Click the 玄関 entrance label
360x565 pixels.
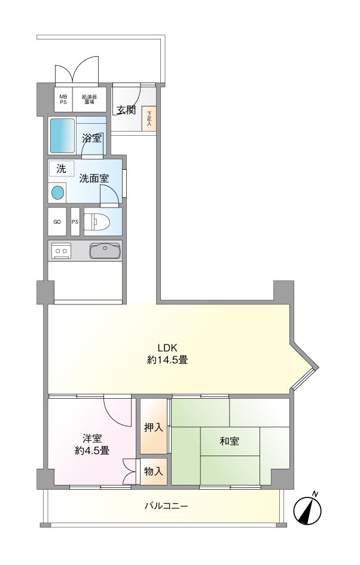coord(126,109)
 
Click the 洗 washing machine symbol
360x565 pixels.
coord(62,169)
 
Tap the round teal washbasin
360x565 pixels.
coord(57,193)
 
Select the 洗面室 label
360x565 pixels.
coord(94,178)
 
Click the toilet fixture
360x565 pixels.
coord(97,222)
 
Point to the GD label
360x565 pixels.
coord(57,222)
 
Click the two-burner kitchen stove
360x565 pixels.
coord(60,251)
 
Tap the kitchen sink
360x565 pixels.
coord(105,251)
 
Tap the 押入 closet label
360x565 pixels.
coord(154,427)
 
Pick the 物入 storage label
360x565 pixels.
coord(154,471)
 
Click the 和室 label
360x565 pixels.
coord(229,442)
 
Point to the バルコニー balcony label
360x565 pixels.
coord(166,506)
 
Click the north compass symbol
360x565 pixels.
coord(308,509)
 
